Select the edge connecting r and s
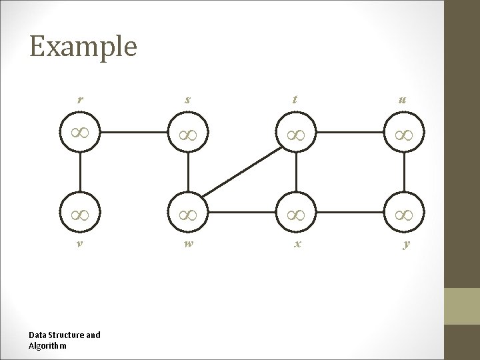tap(134, 132)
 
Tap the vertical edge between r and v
tap(80, 173)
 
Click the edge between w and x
tap(243, 215)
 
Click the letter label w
tap(189, 244)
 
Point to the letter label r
tap(80, 101)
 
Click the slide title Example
tap(83, 47)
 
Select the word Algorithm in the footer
tap(47, 345)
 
